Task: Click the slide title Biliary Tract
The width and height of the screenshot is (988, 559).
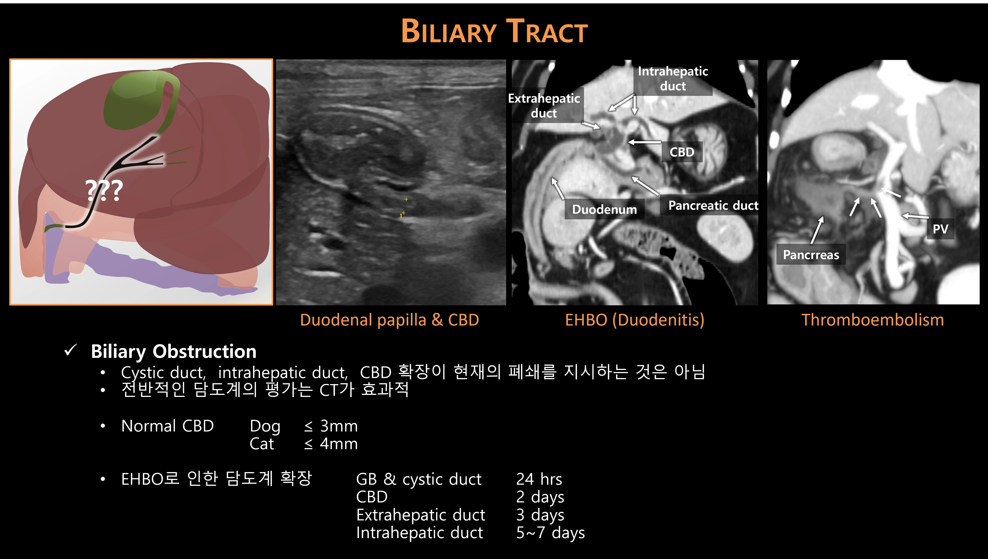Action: (494, 31)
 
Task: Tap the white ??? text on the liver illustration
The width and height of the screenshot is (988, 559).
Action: (104, 190)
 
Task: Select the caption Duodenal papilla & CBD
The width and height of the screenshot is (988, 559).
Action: (389, 320)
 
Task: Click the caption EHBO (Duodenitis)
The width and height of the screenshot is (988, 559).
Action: (635, 320)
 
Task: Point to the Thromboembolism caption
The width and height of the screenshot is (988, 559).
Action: (872, 320)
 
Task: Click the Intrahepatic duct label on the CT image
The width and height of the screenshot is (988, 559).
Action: (673, 79)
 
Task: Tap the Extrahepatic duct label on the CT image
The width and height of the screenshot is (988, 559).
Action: (544, 106)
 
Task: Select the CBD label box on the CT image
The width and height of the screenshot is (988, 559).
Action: (682, 152)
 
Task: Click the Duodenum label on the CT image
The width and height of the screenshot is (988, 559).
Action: (604, 209)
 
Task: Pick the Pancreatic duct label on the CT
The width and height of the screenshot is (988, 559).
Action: (713, 205)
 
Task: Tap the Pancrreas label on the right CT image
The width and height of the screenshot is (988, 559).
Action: (811, 255)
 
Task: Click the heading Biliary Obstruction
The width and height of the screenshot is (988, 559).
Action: (174, 351)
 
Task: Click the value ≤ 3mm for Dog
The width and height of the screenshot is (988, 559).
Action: (331, 426)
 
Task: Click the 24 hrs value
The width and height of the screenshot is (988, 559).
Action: (539, 479)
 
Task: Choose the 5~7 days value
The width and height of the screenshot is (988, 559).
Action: (550, 533)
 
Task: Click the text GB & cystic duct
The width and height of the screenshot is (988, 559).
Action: (419, 479)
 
